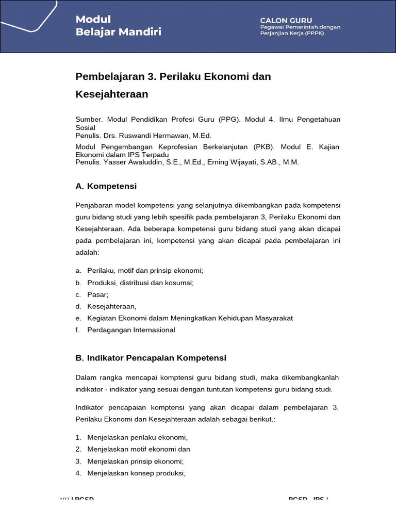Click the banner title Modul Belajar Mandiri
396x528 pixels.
coord(118,26)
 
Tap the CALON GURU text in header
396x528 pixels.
coord(286,20)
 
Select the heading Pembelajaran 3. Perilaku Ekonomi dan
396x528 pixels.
coord(173,76)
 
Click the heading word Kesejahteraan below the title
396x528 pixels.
coord(112,94)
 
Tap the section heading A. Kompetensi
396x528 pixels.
coord(106,186)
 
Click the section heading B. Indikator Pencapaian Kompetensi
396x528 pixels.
coord(151,357)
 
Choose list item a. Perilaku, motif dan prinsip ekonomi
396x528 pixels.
coord(145,270)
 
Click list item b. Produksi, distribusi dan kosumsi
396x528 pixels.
coord(140,283)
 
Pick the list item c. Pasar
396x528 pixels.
coord(97,294)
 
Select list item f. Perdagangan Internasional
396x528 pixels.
coord(131,330)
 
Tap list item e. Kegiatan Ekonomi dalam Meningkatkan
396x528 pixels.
coord(190,318)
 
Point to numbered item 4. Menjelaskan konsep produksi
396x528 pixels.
coord(136,473)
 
